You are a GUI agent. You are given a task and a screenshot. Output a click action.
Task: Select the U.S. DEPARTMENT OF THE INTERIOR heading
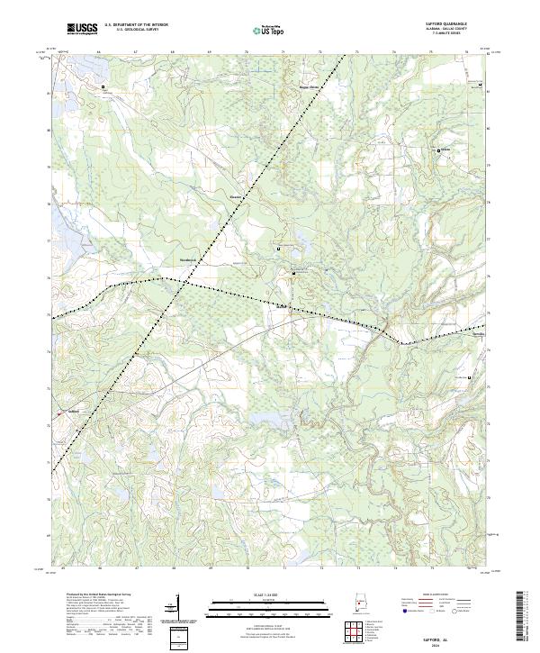click(x=135, y=26)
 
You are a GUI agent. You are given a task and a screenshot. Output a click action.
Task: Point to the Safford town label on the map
click(x=76, y=413)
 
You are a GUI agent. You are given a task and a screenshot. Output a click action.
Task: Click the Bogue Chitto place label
click(x=310, y=87)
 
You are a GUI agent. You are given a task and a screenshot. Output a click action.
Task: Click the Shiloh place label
click(x=445, y=150)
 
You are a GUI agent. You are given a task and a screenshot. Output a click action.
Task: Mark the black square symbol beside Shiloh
click(x=438, y=150)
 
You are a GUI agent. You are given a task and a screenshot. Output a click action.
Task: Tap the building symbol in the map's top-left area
click(x=103, y=86)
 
